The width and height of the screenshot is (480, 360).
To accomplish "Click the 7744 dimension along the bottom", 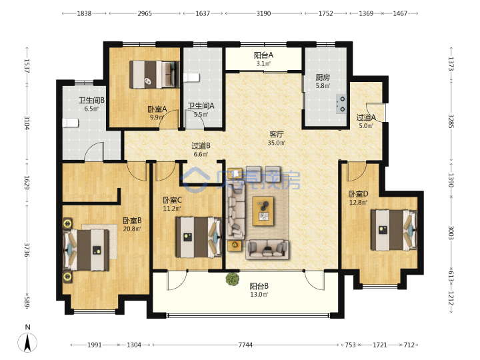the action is point(245,345).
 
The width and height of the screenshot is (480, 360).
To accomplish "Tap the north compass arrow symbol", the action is point(27,342).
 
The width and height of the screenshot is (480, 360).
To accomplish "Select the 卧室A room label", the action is point(157,109).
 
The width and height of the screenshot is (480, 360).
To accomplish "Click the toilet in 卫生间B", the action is point(70,123).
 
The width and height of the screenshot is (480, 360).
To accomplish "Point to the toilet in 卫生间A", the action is point(191,78).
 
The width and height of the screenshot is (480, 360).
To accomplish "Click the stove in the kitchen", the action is point(341,104).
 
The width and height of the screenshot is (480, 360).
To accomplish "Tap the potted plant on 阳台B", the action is point(233,279).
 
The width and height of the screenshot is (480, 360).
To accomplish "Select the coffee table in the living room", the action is point(263,211).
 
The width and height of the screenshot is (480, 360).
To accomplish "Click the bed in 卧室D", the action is point(394,230).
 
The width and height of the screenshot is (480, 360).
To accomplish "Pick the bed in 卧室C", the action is point(199,237).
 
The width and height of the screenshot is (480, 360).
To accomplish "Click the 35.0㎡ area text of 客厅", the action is point(277,143).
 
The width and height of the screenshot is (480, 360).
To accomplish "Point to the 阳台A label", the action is point(263,55).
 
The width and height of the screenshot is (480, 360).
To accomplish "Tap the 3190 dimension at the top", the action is point(263,13).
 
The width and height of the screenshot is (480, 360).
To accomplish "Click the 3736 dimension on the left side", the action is point(27,251).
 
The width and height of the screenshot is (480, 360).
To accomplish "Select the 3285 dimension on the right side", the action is point(451,121).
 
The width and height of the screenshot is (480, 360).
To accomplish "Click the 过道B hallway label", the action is point(201,146).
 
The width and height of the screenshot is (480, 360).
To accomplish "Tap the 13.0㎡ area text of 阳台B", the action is point(259,295).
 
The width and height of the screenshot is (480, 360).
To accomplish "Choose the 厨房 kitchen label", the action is point(323,78).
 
